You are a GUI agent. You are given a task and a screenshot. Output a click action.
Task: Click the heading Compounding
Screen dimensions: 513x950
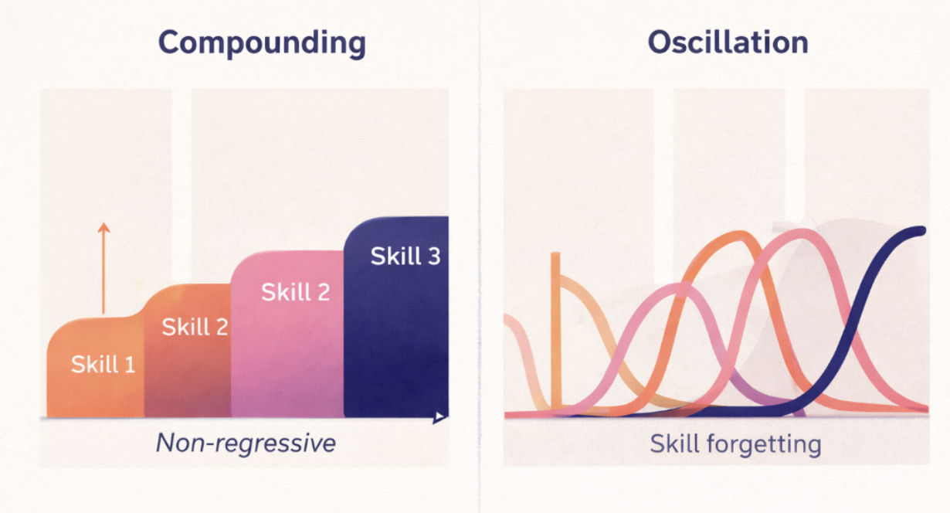[262, 43]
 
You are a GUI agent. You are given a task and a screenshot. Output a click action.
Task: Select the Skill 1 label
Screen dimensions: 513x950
[103, 364]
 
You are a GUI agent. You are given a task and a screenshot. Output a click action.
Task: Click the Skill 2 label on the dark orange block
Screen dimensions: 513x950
[195, 327]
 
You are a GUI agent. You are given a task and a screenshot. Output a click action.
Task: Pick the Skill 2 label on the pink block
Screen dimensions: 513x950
[295, 292]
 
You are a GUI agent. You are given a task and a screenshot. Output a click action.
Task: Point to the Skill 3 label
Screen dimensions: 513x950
[405, 256]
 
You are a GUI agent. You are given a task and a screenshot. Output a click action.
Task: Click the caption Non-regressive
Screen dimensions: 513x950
[246, 443]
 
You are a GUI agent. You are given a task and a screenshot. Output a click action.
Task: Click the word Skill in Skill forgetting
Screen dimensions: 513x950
[674, 443]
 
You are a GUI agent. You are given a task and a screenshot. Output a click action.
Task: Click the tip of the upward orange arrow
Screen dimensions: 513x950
[103, 224]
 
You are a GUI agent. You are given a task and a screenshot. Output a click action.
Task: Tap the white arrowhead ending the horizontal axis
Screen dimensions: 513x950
[440, 417]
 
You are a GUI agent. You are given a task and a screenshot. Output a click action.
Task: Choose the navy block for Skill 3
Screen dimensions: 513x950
[395, 340]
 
